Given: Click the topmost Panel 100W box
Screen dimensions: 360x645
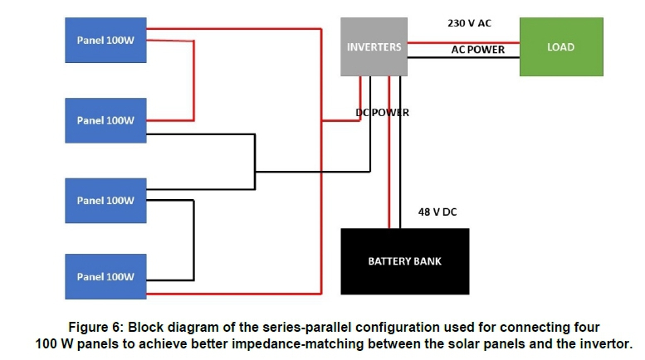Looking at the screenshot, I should tap(105, 40).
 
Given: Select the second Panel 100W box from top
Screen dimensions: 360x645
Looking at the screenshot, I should tap(105, 120).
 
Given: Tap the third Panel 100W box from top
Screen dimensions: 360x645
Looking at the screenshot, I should tap(105, 200).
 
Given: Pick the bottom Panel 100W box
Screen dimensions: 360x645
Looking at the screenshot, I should tap(105, 277).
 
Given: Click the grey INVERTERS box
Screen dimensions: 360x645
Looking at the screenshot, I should tap(374, 46).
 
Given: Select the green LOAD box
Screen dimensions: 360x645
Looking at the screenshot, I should tap(560, 47).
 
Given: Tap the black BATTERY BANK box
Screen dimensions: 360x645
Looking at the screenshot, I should tap(404, 261).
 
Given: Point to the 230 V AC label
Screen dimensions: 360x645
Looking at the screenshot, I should tap(469, 24).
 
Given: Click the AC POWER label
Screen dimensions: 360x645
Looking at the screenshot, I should tap(477, 50).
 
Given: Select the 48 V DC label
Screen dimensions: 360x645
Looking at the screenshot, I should tap(437, 212).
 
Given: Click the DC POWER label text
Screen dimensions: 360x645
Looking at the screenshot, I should tap(382, 112).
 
